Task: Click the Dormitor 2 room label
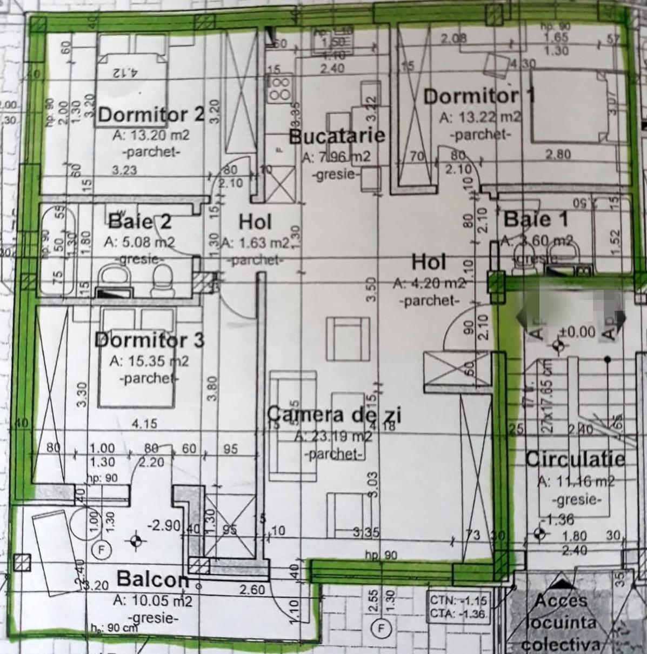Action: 151,115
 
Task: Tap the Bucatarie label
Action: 337,136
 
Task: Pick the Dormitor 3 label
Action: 149,340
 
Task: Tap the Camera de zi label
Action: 335,415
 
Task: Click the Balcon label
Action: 153,579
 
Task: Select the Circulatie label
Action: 575,459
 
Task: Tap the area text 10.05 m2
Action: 152,600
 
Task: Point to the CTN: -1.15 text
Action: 459,600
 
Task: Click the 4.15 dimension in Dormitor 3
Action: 144,424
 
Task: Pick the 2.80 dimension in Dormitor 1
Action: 558,155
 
